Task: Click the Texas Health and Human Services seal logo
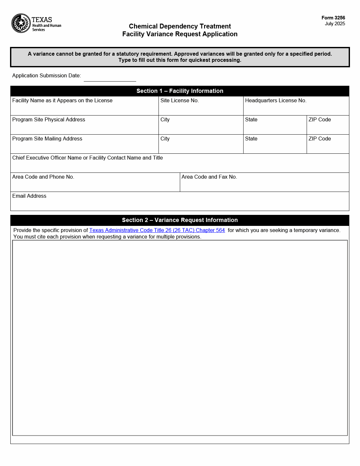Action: click(x=21, y=23)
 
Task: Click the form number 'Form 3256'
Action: click(x=333, y=18)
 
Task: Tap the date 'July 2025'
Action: click(x=335, y=24)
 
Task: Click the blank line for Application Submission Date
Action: click(x=110, y=78)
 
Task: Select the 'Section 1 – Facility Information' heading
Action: click(x=180, y=91)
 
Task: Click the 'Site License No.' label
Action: click(x=180, y=101)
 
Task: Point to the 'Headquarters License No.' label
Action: click(x=276, y=101)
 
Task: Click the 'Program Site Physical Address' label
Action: click(x=49, y=120)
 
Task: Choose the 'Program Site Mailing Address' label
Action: click(x=47, y=139)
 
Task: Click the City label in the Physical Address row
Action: click(x=165, y=120)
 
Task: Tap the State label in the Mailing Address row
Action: click(x=251, y=139)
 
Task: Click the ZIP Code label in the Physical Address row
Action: click(x=320, y=120)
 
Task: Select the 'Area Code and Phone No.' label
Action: click(x=43, y=177)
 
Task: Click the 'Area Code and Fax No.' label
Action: click(x=209, y=177)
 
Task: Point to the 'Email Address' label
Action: click(x=29, y=196)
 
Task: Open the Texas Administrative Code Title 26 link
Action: click(x=157, y=230)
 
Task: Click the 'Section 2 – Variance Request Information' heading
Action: click(x=180, y=220)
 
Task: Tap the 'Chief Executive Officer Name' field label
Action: click(x=87, y=158)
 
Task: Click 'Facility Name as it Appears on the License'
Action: click(x=62, y=101)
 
